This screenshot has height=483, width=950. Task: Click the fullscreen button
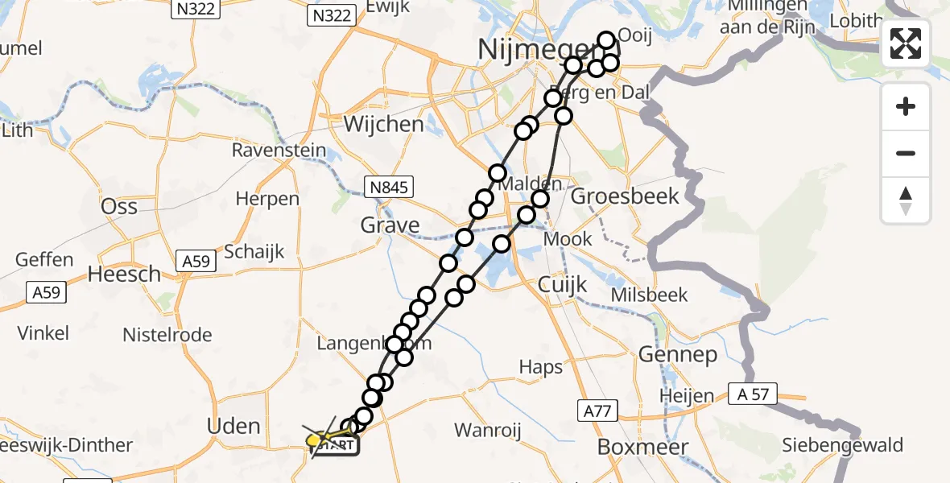(x=906, y=43)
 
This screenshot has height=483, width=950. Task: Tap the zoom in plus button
(x=906, y=106)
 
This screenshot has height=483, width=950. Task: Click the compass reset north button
(x=906, y=200)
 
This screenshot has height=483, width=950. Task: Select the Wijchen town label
(x=383, y=124)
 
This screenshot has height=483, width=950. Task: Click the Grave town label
(x=390, y=225)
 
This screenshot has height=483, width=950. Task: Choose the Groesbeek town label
(x=625, y=196)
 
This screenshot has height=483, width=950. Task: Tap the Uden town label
(x=233, y=426)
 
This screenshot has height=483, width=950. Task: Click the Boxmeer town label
(x=642, y=447)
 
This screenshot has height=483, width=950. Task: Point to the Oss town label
(x=119, y=206)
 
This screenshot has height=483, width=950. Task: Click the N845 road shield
(x=388, y=188)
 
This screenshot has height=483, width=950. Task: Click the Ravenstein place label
(x=279, y=151)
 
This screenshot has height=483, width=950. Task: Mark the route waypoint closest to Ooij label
(x=606, y=40)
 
